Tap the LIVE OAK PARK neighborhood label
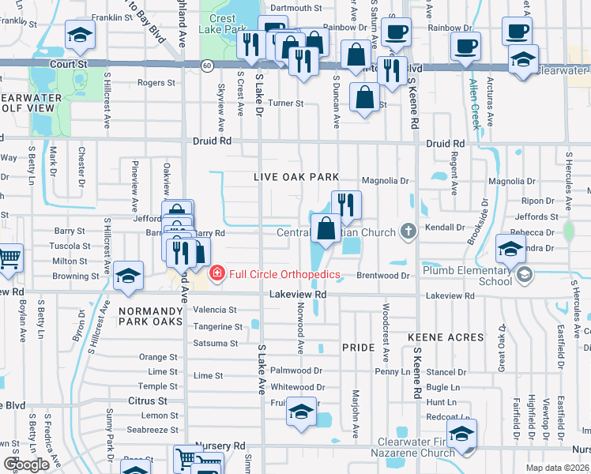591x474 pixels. [295, 178]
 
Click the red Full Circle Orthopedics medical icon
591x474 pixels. [216, 274]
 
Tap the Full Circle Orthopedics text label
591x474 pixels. [284, 275]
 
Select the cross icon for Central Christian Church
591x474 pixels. [408, 231]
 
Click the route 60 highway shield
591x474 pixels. [205, 65]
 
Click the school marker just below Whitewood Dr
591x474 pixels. [300, 412]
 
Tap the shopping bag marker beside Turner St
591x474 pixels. [363, 98]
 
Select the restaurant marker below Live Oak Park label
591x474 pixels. [345, 205]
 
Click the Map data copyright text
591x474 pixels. [556, 468]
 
